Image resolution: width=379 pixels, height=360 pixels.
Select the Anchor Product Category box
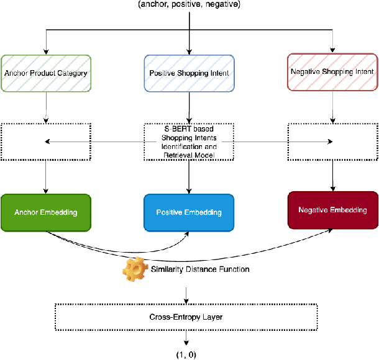[x=46, y=73]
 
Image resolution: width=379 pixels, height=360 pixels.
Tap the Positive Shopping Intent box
[x=189, y=73]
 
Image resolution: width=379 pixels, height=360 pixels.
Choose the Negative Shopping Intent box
[x=332, y=71]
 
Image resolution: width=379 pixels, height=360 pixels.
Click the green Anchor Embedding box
[x=46, y=212]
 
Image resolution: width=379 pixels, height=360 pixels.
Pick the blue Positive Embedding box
[x=189, y=212]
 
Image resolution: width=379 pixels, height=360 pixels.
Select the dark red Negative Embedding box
[x=332, y=210]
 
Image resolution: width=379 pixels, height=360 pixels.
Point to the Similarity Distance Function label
[x=200, y=269]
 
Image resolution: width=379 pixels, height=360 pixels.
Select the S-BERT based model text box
[x=189, y=142]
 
